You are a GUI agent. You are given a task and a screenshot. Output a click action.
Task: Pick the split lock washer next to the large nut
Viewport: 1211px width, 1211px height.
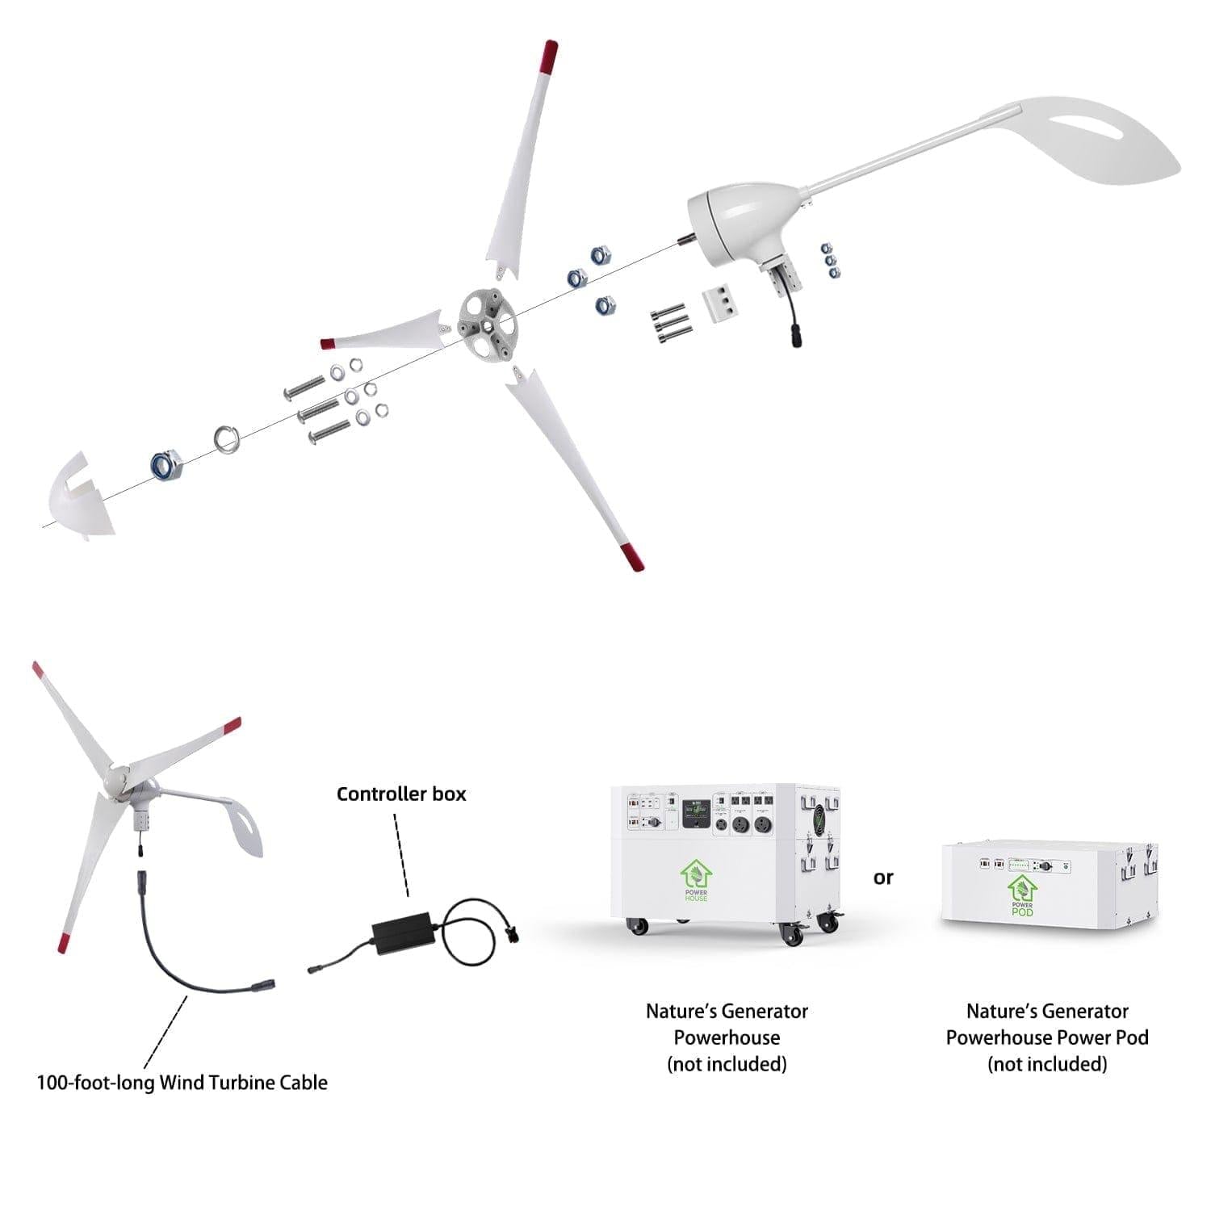[227, 440]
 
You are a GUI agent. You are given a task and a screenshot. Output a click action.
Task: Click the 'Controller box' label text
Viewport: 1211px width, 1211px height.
[401, 794]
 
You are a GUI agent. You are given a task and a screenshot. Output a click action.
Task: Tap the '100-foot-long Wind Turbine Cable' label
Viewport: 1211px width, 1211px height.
[182, 1083]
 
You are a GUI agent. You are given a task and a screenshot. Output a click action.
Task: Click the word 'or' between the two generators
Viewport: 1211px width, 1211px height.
[883, 878]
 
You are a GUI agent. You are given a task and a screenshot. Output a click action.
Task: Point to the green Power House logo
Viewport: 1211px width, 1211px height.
[695, 881]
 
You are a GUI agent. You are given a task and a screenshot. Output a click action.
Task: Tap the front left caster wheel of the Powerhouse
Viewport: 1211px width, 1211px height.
[638, 926]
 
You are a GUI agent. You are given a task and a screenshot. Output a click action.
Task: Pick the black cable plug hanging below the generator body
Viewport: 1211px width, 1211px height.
[794, 337]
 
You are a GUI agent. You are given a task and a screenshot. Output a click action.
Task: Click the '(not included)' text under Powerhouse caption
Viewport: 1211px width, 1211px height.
[727, 1064]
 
